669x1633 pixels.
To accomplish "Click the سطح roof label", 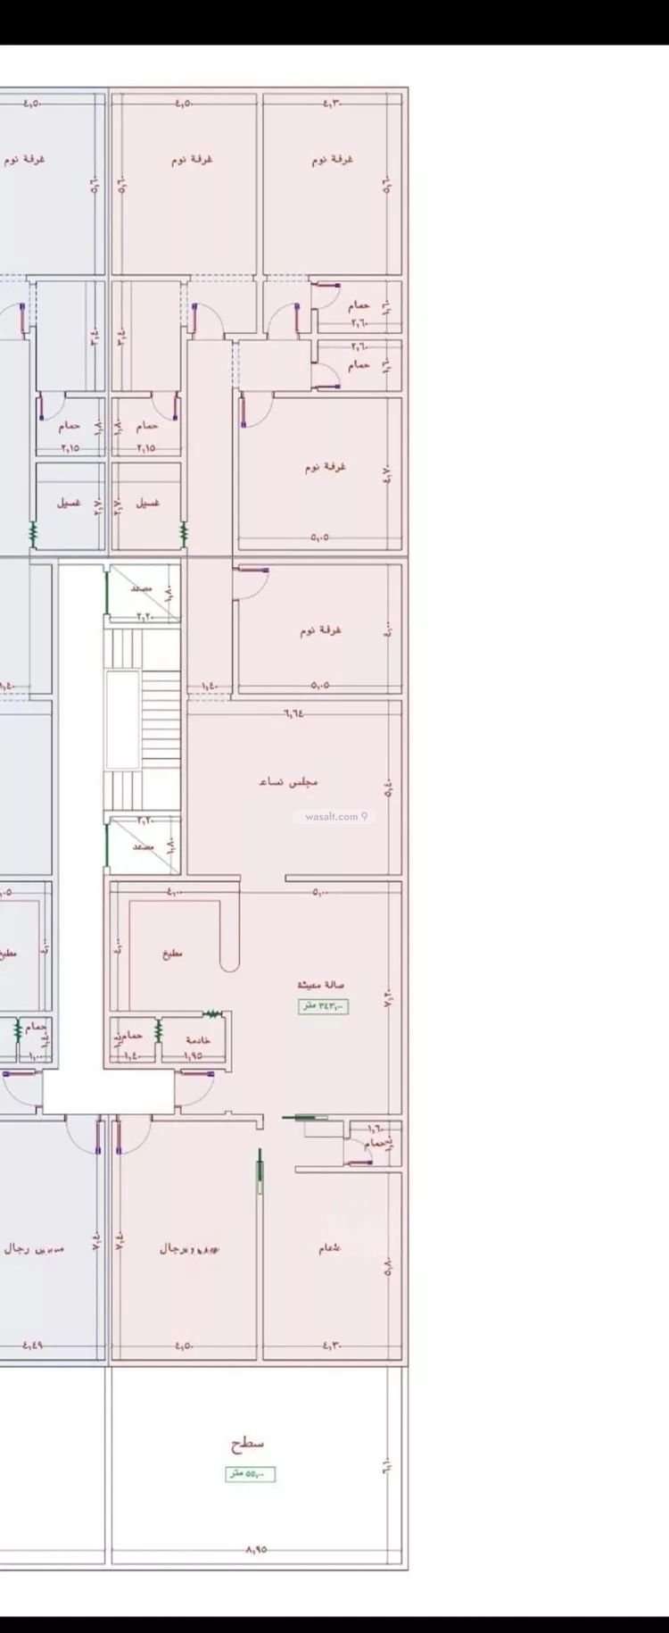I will (247, 1443).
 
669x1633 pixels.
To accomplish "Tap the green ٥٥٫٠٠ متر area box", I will (250, 1474).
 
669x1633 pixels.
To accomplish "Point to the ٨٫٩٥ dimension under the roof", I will (256, 1550).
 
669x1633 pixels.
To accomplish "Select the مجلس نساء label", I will (288, 781).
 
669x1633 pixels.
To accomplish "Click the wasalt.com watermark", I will (335, 816).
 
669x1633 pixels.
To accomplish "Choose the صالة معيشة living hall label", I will (321, 985).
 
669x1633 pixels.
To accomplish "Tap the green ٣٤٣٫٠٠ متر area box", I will (323, 1006).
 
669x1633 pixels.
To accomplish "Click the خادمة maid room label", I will (198, 1040).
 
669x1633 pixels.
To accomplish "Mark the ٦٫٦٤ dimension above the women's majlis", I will (293, 712).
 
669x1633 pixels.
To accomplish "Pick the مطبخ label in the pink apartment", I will (172, 954).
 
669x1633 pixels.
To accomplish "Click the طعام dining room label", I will (330, 1247).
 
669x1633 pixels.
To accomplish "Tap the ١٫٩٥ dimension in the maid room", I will (194, 1055).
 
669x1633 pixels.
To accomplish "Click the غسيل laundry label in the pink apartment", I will (148, 503).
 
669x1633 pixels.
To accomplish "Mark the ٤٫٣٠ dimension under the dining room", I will (332, 1346).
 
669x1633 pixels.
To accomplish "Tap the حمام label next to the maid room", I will (128, 1037).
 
